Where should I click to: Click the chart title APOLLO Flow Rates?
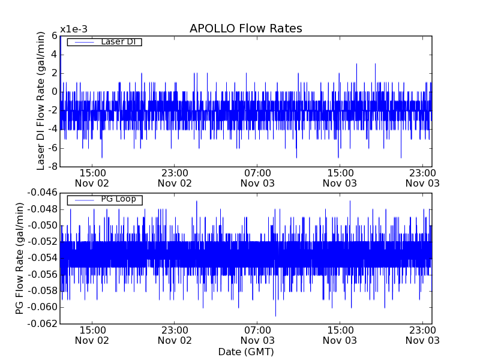(x=245, y=29)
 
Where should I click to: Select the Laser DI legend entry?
(x=118, y=42)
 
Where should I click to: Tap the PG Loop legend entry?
(x=118, y=199)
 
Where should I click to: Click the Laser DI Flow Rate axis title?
(x=41, y=101)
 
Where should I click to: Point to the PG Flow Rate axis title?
(x=20, y=258)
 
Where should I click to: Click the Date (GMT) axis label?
(x=245, y=352)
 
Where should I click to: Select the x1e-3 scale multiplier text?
(x=74, y=29)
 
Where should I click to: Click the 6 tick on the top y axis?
(x=54, y=36)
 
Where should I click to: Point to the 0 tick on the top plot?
(x=54, y=92)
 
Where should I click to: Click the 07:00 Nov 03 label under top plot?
(x=257, y=178)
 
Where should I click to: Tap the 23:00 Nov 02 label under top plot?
(x=175, y=178)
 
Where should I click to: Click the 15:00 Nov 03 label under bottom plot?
(x=340, y=335)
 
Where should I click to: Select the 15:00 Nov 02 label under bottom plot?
(x=92, y=335)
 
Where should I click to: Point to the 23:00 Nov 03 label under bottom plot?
(x=422, y=335)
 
